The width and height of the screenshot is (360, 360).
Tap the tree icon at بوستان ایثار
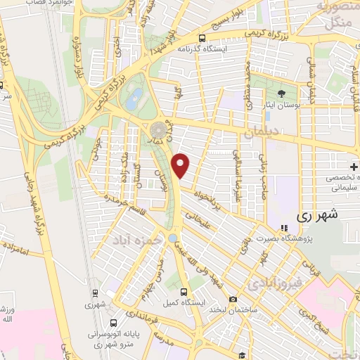point(281,92)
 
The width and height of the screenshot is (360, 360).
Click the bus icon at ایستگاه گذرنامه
point(202,39)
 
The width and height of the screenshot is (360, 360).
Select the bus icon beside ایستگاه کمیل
point(184,291)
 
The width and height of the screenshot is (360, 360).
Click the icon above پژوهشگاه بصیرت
point(284,228)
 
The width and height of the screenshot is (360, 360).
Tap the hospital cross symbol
point(354,167)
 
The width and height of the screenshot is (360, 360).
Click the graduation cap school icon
point(241,356)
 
